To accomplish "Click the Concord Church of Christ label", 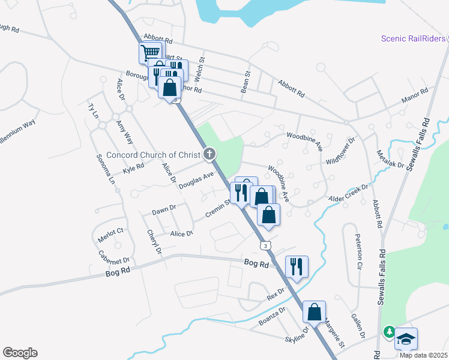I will [x=154, y=155].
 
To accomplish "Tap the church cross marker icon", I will [x=210, y=155].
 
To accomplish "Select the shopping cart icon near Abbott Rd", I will [x=150, y=52].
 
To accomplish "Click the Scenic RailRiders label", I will [x=413, y=39].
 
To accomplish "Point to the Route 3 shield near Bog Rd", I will [x=265, y=245].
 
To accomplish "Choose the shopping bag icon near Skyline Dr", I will [x=314, y=311].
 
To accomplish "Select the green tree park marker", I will [x=390, y=331].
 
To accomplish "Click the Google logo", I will [x=20, y=353].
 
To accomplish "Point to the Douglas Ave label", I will [x=196, y=181].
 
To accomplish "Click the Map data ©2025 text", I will [x=424, y=355].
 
